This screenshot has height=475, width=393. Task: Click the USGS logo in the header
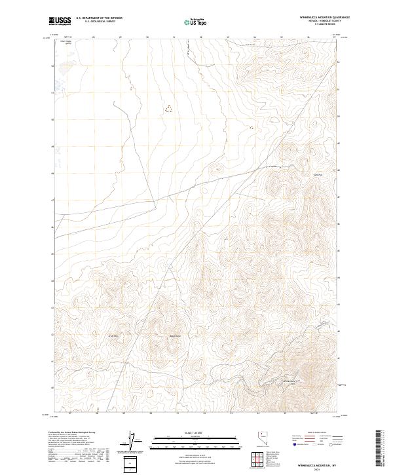[x=60, y=22]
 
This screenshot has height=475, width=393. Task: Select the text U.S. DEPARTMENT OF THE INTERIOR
[x=99, y=18]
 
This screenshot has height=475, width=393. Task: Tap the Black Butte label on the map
[x=175, y=337]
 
